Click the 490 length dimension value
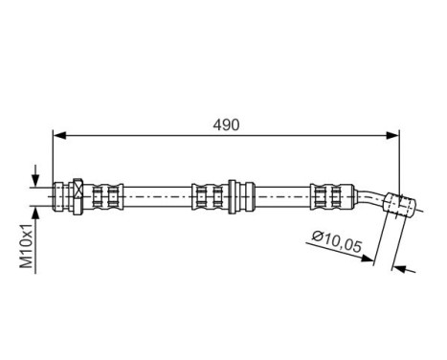[x=225, y=125]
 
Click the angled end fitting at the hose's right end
[x=399, y=204]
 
